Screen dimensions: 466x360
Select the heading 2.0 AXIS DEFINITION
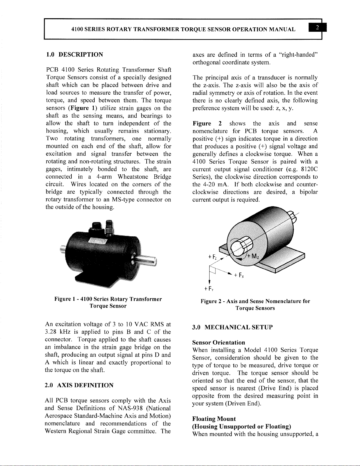(x=79, y=385)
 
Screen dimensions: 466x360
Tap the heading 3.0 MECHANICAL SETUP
(x=232, y=327)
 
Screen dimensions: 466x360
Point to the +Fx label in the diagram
(x=240, y=276)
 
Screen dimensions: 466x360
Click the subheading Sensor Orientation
(x=218, y=343)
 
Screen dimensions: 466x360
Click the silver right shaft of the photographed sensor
(x=147, y=260)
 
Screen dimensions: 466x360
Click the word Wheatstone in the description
(x=134, y=177)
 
